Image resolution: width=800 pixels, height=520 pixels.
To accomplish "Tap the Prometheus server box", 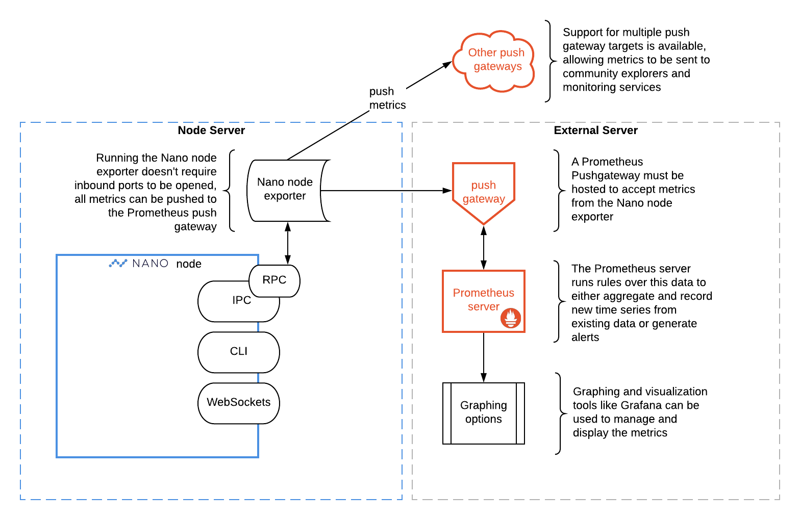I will (483, 300).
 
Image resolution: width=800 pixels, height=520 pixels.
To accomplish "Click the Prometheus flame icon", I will (511, 318).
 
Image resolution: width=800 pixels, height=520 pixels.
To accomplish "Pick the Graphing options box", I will (483, 413).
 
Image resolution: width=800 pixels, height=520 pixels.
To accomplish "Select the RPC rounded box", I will (274, 280).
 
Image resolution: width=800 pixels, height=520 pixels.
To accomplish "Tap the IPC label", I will (241, 300).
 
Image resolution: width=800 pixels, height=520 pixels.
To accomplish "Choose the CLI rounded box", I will (238, 352).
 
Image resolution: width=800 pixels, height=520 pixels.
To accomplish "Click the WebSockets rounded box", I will (238, 403).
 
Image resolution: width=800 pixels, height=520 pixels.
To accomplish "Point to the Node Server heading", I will (211, 131).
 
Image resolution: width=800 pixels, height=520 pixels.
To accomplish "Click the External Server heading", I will (595, 131).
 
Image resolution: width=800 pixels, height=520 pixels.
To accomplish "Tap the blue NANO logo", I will (139, 263).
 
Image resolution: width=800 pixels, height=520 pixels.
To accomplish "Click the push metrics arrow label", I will (387, 98).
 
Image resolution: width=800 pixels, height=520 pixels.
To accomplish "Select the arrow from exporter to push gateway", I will (386, 191).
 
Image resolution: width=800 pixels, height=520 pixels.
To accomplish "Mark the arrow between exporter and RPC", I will (288, 243).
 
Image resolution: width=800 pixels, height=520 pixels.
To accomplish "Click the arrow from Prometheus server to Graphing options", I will (484, 357).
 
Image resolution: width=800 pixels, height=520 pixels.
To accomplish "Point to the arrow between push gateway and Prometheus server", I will (484, 248).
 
